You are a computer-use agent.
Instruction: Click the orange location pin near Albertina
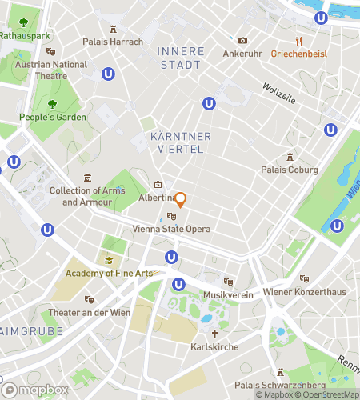pyautogui.click(x=181, y=199)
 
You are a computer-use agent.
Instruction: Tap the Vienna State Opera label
pyautogui.click(x=171, y=229)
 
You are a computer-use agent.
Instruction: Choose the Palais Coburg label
pyautogui.click(x=290, y=170)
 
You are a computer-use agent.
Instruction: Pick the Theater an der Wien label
pyautogui.click(x=88, y=312)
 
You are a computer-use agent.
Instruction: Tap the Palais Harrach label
pyautogui.click(x=114, y=42)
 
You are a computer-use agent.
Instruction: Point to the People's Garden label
pyautogui.click(x=53, y=117)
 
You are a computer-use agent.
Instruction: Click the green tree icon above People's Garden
pyautogui.click(x=53, y=104)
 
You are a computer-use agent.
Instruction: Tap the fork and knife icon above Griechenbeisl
pyautogui.click(x=299, y=41)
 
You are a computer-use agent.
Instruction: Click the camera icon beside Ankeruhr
pyautogui.click(x=242, y=41)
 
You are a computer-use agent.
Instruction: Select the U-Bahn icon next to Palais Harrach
pyautogui.click(x=107, y=73)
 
